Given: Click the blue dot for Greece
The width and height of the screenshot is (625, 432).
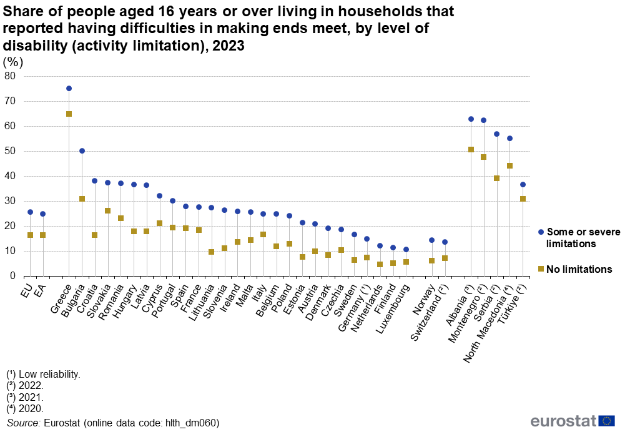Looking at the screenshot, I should (x=69, y=89).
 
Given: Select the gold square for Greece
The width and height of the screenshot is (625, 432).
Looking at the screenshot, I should (x=69, y=114).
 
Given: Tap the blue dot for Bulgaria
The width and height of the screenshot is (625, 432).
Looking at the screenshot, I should (x=82, y=151).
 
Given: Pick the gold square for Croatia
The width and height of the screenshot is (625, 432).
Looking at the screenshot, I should (x=95, y=235).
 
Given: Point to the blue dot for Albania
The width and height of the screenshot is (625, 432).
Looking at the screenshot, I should (x=471, y=119).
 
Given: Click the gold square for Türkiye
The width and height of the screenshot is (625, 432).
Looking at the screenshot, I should (x=523, y=199).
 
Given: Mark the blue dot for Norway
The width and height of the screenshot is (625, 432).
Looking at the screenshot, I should (x=431, y=240).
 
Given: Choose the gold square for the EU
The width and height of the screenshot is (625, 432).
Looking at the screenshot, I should (x=30, y=235).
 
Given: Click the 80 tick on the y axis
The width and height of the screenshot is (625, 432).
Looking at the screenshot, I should (x=10, y=76).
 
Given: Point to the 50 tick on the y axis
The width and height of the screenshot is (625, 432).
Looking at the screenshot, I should (x=10, y=151).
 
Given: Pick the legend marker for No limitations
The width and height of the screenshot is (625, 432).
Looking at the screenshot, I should (x=541, y=269).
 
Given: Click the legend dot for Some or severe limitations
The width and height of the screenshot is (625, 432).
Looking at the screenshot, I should (x=541, y=232).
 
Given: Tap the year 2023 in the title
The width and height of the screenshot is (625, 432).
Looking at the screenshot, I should (x=229, y=46).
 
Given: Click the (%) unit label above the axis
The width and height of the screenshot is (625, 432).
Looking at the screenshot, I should (x=13, y=62).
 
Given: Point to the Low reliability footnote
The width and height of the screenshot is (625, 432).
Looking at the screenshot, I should (x=43, y=375).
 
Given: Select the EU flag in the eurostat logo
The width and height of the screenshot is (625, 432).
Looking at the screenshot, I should (x=606, y=420).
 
